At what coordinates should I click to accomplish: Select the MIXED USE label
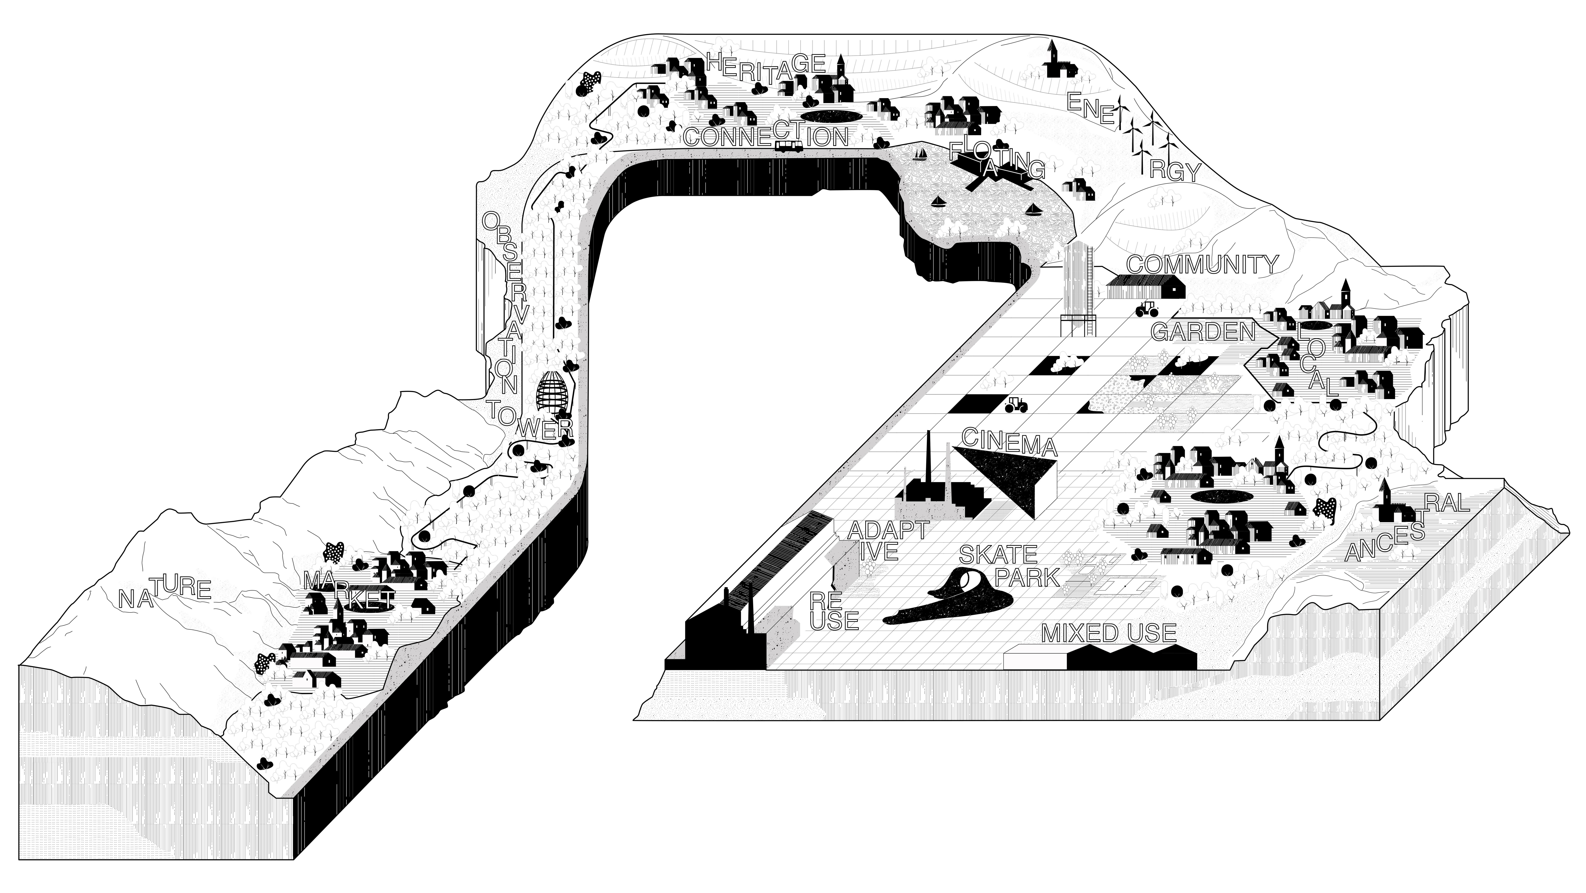[x=1108, y=633]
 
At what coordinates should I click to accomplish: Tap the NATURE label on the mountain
[x=165, y=592]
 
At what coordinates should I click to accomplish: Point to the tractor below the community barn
[x=1146, y=308]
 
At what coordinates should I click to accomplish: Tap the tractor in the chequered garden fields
[x=1016, y=405]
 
